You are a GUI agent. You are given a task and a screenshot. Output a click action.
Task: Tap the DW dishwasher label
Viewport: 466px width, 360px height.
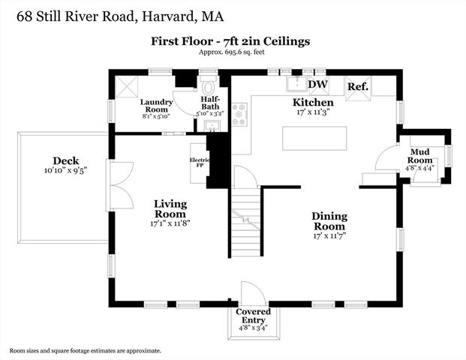[318, 85]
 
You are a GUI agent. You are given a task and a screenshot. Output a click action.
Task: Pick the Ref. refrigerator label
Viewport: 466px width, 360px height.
[358, 87]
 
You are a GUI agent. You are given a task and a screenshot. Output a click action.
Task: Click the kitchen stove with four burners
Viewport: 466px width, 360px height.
[239, 114]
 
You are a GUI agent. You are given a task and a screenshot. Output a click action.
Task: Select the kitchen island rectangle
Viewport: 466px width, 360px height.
[314, 139]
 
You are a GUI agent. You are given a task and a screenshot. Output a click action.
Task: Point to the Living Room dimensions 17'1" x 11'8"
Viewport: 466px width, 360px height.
[170, 223]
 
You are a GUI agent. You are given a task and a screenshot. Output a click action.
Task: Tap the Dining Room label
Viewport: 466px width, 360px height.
[329, 220]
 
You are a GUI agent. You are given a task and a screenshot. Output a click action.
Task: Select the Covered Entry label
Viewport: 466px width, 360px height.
[253, 315]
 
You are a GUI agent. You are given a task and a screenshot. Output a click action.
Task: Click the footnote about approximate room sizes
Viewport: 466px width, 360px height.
[85, 350]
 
